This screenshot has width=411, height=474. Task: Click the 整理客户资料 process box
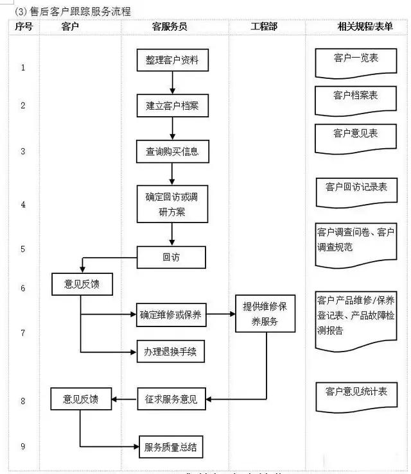tap(171, 60)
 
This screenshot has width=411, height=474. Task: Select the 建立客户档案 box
tap(171, 106)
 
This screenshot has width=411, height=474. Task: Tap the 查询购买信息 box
tap(171, 152)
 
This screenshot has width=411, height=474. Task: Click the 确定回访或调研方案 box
tap(171, 204)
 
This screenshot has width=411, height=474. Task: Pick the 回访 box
tap(171, 257)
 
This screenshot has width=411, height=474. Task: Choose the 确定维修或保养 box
tap(170, 314)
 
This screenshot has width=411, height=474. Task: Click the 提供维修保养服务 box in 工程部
tap(265, 314)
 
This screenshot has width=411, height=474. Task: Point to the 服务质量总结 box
tap(171, 446)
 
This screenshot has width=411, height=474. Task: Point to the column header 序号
tap(23, 26)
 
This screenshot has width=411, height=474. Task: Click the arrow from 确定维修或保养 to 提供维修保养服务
tap(220, 314)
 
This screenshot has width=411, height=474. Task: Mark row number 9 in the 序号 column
tap(23, 446)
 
